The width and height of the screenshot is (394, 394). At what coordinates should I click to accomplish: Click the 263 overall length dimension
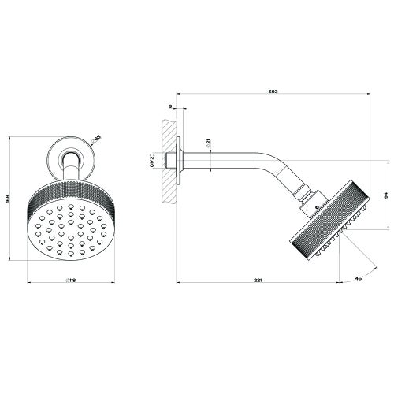(273, 92)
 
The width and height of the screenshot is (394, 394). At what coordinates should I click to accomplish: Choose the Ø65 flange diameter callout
(97, 138)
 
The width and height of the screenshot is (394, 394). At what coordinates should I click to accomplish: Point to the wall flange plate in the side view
(181, 163)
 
